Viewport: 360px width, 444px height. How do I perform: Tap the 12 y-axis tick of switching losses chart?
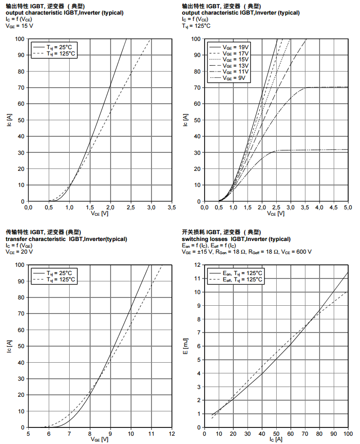(x=198, y=265)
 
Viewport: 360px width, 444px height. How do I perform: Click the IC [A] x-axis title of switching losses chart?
(x=276, y=439)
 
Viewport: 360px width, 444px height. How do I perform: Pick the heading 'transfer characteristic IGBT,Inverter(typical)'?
(x=66, y=239)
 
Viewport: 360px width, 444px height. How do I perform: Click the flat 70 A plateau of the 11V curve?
(x=326, y=87)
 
